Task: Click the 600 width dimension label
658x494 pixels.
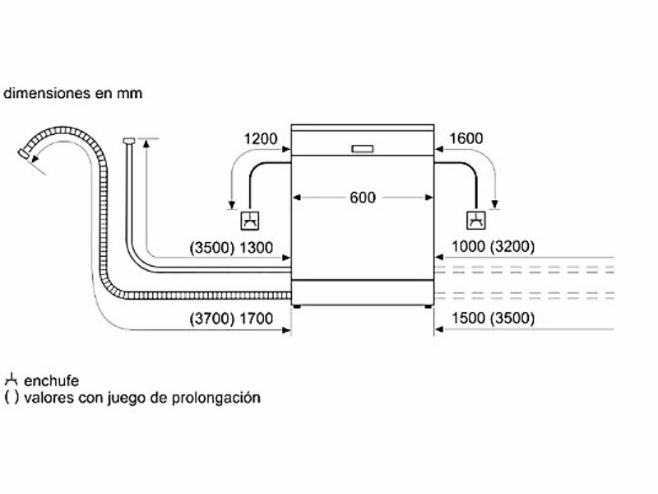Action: [362, 198]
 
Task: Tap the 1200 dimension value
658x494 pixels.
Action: [261, 138]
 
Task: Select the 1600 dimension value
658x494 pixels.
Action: [466, 138]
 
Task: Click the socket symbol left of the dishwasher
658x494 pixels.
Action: [251, 221]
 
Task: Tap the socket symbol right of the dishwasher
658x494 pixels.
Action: [475, 221]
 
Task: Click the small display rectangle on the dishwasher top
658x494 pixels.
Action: [362, 149]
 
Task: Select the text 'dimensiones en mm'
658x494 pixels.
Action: [72, 93]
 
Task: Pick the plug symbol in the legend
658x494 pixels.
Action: [11, 380]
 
